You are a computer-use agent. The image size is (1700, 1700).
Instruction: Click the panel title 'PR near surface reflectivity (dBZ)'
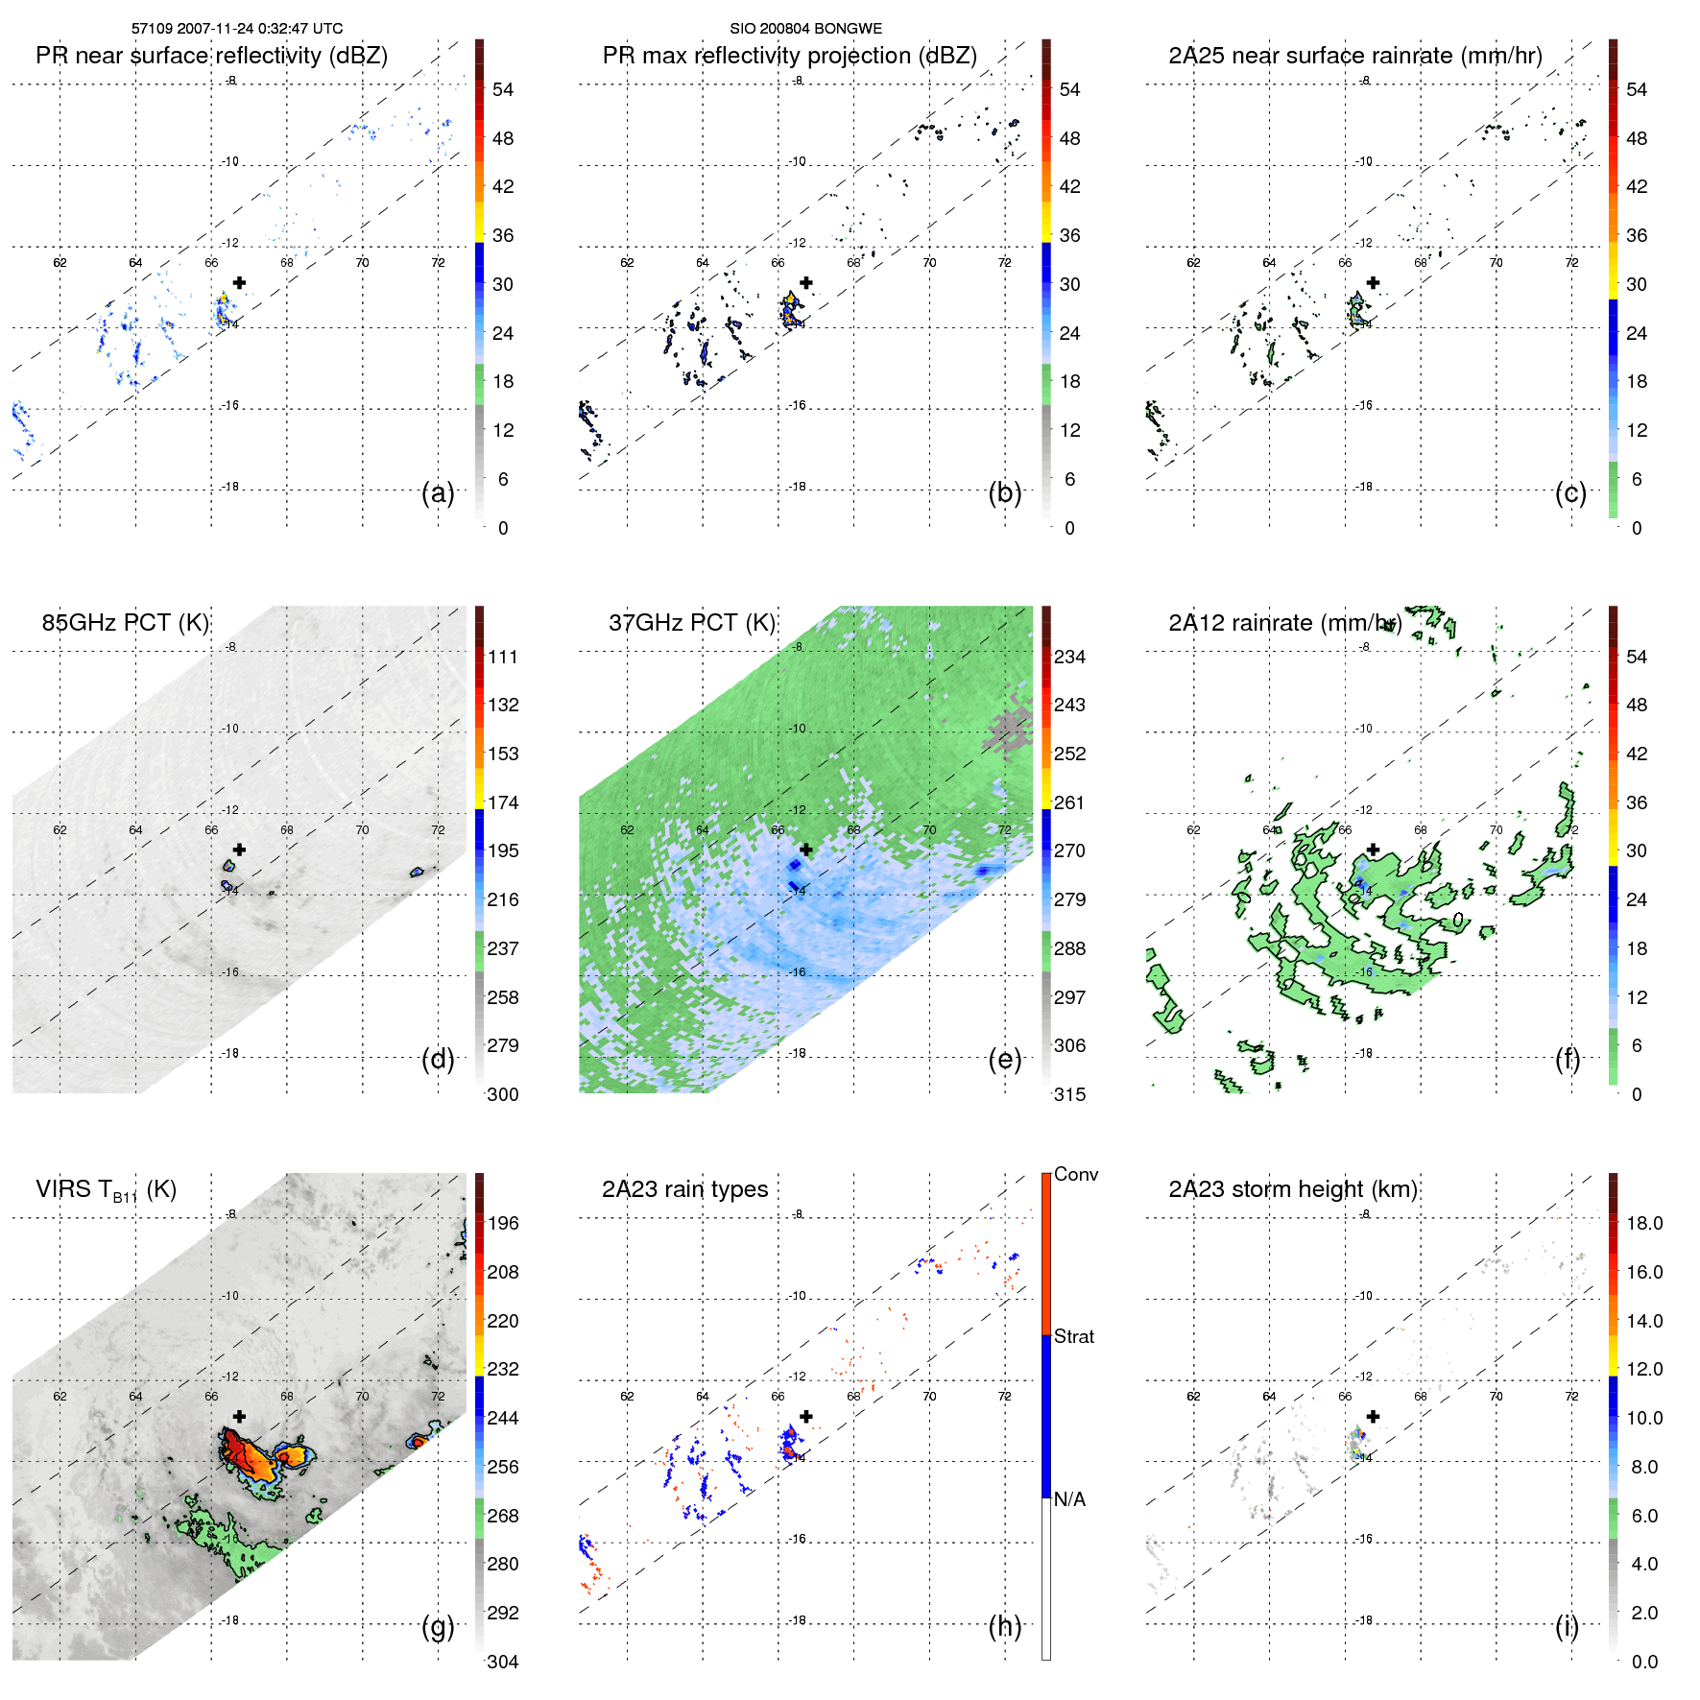(211, 56)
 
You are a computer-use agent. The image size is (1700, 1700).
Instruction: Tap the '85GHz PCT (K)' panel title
(125, 623)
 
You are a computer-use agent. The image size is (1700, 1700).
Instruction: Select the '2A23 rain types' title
(684, 1189)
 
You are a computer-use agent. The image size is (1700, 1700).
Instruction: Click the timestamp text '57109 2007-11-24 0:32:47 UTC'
(237, 29)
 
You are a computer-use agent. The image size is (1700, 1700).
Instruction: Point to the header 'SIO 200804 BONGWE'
(805, 29)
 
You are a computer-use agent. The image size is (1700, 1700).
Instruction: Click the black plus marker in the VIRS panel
(239, 1416)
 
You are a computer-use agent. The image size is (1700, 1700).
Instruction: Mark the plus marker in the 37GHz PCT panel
(806, 850)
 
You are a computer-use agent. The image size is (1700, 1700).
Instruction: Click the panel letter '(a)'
(438, 493)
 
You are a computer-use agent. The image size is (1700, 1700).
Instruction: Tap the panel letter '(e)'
(1004, 1060)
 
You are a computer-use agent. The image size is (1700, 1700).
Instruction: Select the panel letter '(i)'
(1567, 1626)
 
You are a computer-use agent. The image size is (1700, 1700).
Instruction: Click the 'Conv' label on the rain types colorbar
(1076, 1175)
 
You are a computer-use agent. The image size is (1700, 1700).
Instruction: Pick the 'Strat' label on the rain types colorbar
(1074, 1337)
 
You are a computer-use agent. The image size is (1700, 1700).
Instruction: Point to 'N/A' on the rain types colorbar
(1070, 1499)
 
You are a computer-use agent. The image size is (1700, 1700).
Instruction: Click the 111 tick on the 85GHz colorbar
(503, 658)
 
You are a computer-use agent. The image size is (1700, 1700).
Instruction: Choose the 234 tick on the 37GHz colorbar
(1069, 658)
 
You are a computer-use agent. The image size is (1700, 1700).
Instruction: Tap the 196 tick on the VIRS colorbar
(503, 1224)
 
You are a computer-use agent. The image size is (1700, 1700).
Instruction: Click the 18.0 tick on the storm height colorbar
(1644, 1224)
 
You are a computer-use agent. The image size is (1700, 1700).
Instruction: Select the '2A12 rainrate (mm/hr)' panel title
(1284, 623)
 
